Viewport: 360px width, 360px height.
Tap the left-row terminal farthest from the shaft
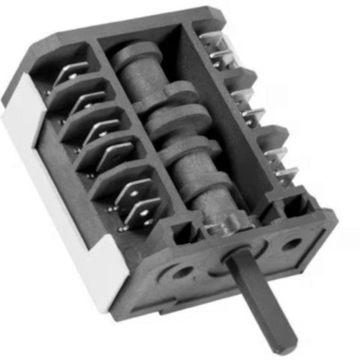click(72, 72)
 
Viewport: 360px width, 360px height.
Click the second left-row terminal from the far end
click(88, 102)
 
